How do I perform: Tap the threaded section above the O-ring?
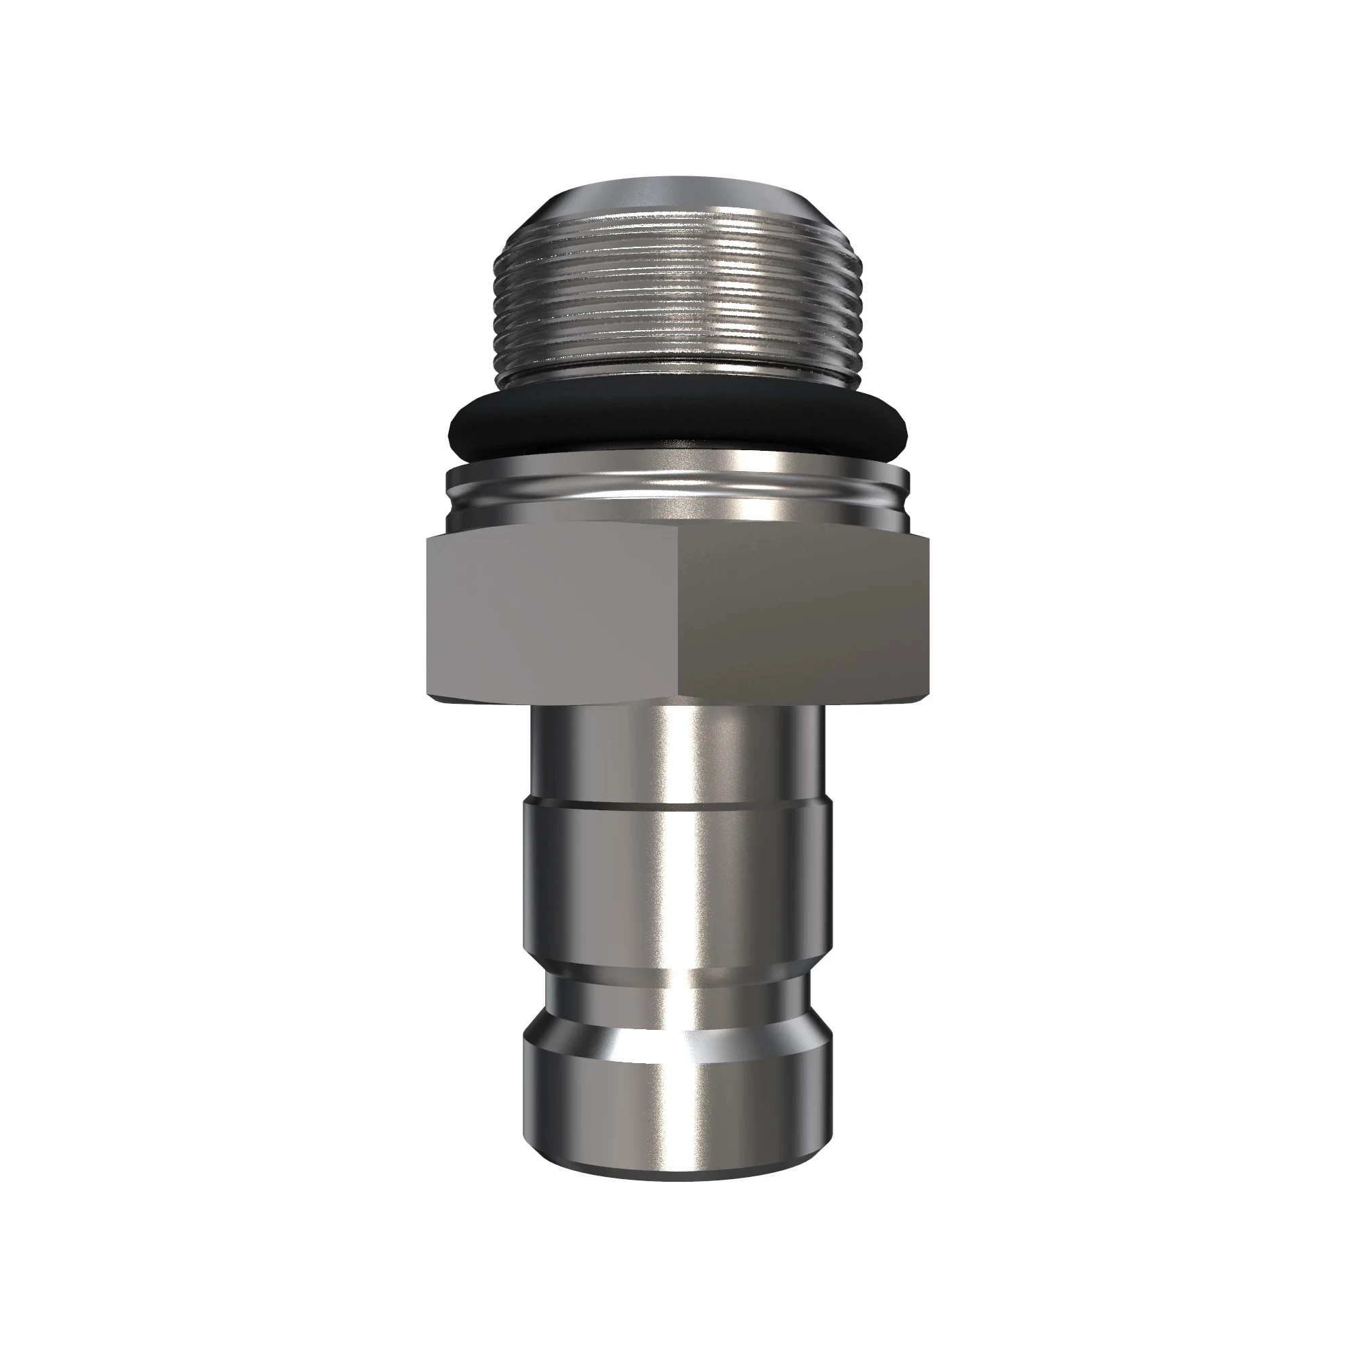pos(678,302)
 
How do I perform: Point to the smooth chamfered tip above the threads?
pos(678,203)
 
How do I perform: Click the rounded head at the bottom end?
pos(678,1102)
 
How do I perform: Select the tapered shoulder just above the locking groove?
pos(678,979)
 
